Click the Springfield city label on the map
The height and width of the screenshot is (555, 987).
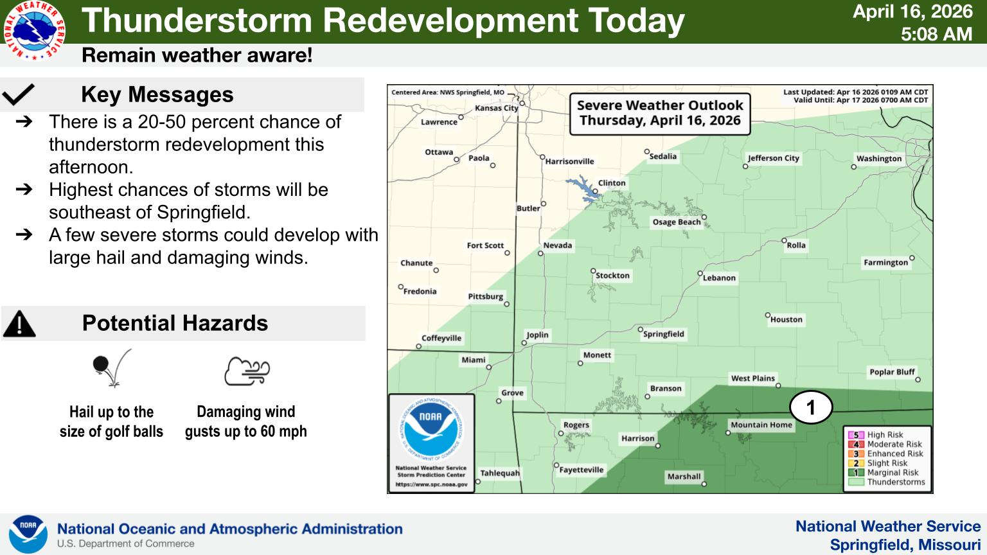664,334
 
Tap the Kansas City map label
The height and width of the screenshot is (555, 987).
496,109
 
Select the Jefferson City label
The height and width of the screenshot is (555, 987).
773,158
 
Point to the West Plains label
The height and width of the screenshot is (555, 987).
752,378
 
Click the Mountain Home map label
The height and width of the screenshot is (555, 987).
761,425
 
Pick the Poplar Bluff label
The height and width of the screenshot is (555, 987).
893,372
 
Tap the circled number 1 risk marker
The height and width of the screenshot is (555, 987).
811,407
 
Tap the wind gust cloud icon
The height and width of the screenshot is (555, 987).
247,371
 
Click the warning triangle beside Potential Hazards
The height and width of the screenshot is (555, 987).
19,324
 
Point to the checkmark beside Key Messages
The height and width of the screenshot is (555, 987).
18,94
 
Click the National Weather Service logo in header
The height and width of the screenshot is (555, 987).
34,30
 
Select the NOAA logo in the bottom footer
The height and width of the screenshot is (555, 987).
28,534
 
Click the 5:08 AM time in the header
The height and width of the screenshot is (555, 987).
936,34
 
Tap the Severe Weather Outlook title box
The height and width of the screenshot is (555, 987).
660,114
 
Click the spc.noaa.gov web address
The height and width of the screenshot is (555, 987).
431,484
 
